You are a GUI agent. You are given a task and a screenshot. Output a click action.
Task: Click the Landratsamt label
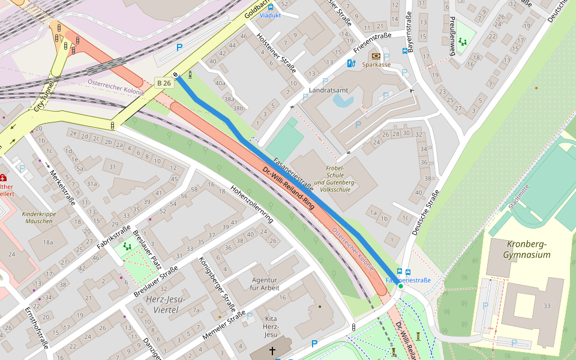[328, 90]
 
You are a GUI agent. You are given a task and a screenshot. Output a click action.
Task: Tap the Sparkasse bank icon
[376, 56]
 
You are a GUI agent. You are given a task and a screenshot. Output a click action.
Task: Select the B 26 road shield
[164, 83]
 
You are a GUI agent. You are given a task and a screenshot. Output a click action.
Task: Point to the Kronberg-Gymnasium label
[528, 250]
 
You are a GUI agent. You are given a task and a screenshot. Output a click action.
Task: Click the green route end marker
[400, 286]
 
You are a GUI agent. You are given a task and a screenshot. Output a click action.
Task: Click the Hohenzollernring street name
[252, 204]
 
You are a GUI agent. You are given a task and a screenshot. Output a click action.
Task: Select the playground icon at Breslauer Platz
[127, 246]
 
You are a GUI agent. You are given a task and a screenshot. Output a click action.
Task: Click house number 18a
[49, 242]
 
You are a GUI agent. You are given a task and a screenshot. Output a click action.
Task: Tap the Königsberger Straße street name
[217, 281]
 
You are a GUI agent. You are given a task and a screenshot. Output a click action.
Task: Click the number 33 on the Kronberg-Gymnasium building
[547, 306]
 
